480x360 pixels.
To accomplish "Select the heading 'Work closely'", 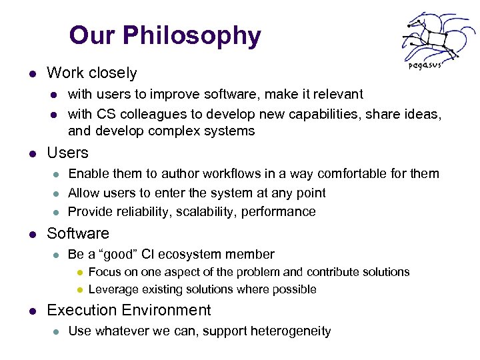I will (91, 73).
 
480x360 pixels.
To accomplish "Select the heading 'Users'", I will (67, 153).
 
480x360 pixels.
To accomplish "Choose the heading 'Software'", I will (77, 233).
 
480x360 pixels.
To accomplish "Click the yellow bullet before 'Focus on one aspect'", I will (78, 272).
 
